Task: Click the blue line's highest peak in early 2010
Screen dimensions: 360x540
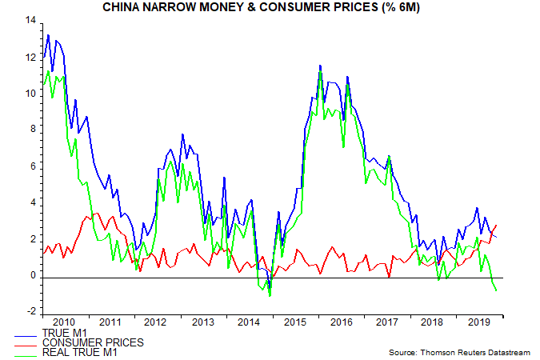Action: click(x=48, y=35)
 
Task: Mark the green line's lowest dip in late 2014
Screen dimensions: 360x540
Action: click(x=270, y=296)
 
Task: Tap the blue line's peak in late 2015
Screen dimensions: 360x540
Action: click(x=320, y=66)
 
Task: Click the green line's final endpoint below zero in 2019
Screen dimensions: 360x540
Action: click(x=496, y=290)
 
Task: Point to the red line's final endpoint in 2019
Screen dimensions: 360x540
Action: click(x=497, y=225)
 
